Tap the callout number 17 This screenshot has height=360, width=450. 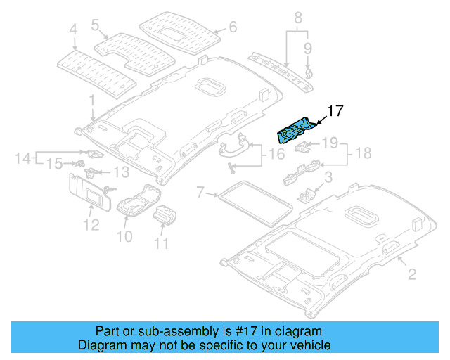[x=335, y=110]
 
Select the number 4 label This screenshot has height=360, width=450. [x=72, y=30]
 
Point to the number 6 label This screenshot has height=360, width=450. [x=233, y=29]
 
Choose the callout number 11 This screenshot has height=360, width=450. [x=162, y=243]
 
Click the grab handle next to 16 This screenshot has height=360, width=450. [x=234, y=146]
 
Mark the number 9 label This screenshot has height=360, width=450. [x=307, y=48]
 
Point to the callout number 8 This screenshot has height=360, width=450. [x=297, y=16]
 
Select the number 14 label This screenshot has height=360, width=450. [x=22, y=158]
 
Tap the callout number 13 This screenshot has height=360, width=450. [x=122, y=172]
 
